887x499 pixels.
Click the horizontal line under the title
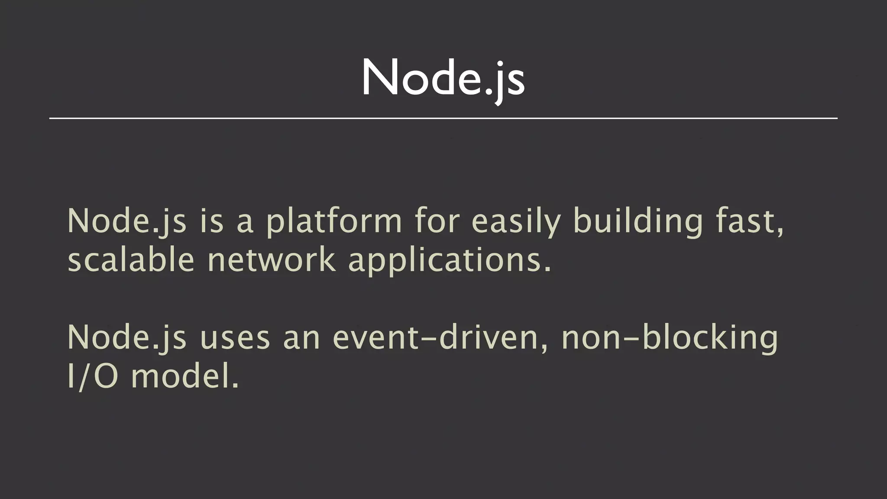click(443, 118)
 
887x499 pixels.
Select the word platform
click(334, 222)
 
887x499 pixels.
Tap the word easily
click(516, 222)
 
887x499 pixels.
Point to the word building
click(638, 222)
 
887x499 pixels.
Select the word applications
click(450, 261)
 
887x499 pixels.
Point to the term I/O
click(93, 376)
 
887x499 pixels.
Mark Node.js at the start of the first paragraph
click(127, 222)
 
